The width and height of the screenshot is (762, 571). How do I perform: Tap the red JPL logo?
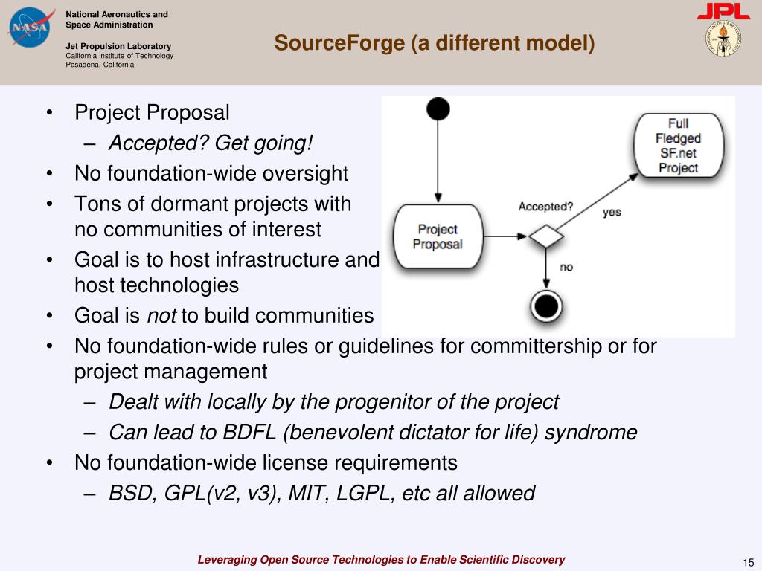tap(723, 12)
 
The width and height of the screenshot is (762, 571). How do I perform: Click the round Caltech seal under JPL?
tap(723, 39)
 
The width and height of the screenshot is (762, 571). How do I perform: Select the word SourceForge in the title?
tap(339, 43)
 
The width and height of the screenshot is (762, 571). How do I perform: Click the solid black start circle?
tap(438, 110)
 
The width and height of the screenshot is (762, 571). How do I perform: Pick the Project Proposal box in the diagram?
tap(438, 236)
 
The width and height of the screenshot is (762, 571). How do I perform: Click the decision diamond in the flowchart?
tap(546, 237)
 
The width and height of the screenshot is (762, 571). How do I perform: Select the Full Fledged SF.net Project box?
tap(678, 146)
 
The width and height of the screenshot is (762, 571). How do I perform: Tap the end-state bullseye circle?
tap(547, 305)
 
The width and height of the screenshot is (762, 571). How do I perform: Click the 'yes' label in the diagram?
tap(612, 212)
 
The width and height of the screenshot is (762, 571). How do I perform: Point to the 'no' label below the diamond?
tap(566, 267)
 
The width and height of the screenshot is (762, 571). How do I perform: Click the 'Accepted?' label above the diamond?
tap(545, 207)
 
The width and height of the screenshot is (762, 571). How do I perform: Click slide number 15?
tap(748, 561)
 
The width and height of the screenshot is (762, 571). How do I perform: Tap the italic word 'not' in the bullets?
tap(161, 316)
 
